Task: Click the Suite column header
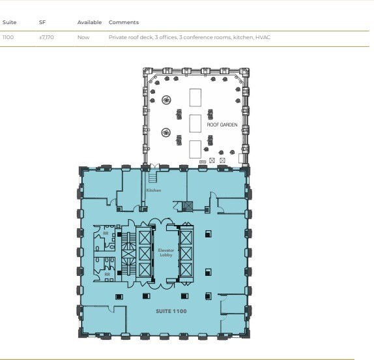[9, 23]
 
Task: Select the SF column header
[42, 23]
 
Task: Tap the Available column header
[89, 23]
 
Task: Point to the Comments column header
[123, 23]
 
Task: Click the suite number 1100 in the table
[8, 38]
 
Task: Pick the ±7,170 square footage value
[46, 38]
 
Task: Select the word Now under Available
[83, 38]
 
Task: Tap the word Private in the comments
[119, 38]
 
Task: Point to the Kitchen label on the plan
[153, 190]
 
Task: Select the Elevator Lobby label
[165, 252]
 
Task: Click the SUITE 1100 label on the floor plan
[171, 311]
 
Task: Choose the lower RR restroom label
[106, 274]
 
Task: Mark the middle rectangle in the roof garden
[195, 123]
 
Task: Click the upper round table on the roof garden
[167, 100]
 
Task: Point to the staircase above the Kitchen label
[153, 176]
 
